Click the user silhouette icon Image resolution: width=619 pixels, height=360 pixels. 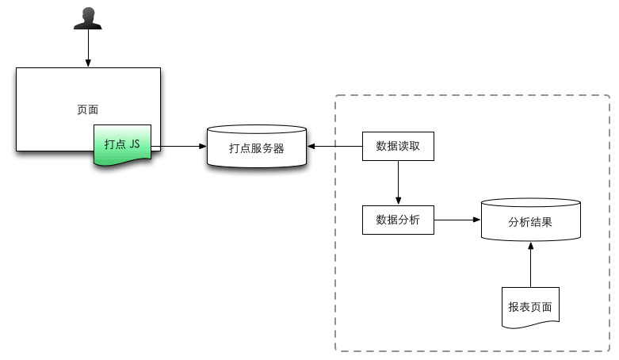point(87,18)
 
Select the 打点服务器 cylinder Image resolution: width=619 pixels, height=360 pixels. point(256,147)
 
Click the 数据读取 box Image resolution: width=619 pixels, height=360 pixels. point(398,146)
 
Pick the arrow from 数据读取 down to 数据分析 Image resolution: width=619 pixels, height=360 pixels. point(398,182)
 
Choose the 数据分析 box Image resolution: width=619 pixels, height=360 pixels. point(398,220)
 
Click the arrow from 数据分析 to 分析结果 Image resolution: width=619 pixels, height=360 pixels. point(457,220)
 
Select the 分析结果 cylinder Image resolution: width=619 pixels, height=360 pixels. point(530,221)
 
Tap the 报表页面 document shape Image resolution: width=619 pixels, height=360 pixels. point(530,308)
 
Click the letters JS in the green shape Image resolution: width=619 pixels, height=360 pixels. point(134,144)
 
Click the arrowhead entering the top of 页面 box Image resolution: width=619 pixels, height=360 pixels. point(87,63)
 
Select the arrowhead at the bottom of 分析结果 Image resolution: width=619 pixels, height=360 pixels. point(530,245)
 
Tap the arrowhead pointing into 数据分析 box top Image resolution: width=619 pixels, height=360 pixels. point(398,201)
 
